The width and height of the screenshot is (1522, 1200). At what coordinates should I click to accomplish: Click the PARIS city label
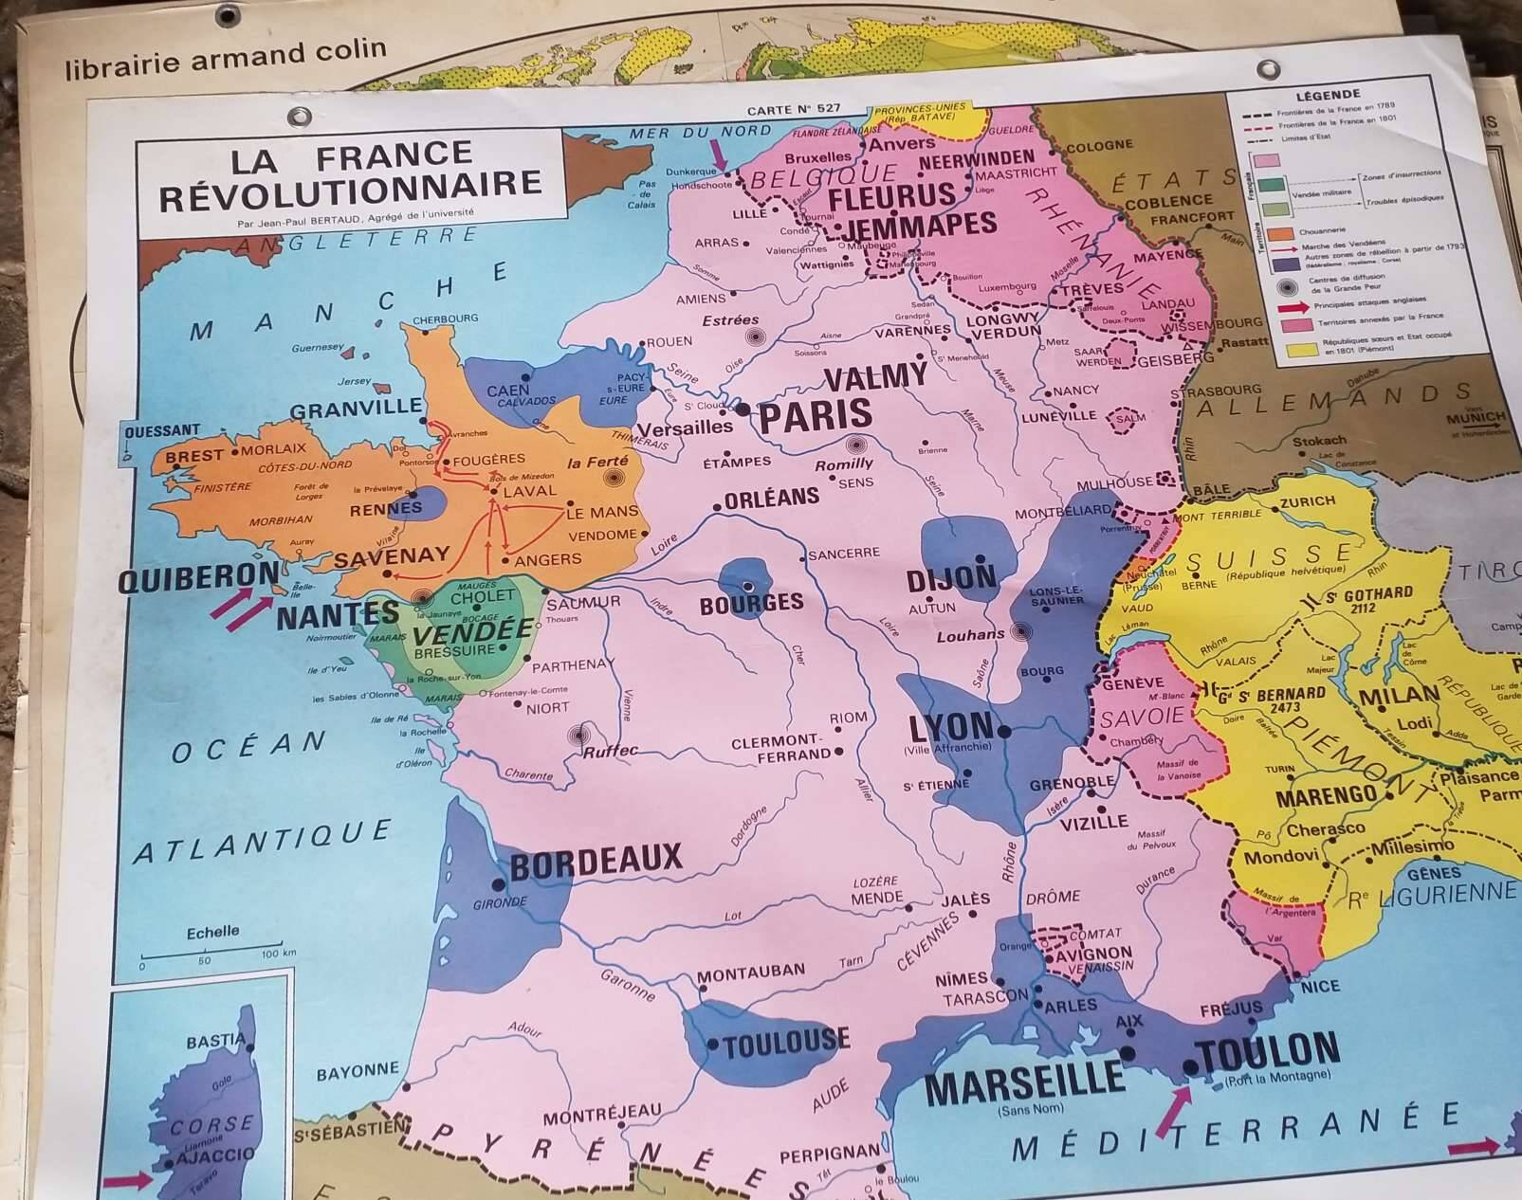click(816, 415)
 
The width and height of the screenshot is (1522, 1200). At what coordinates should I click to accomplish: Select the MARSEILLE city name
click(1024, 1081)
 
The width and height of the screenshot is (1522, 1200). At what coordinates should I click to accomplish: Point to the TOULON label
click(1268, 1052)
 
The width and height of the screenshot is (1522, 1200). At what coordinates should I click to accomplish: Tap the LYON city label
click(951, 728)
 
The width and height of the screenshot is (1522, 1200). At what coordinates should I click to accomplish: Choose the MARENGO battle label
click(1326, 795)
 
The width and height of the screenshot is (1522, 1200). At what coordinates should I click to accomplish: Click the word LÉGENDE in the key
click(1328, 95)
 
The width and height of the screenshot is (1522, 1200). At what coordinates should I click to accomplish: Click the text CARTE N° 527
click(793, 110)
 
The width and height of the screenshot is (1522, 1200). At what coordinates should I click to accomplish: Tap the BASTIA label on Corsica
click(215, 1041)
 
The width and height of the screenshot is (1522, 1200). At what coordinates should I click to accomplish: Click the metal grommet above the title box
click(300, 117)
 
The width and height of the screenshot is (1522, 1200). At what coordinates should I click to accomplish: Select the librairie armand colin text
click(226, 57)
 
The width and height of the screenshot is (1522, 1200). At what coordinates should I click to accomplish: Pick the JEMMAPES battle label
click(920, 226)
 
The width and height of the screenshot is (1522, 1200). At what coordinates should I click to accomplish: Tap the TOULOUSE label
click(785, 1043)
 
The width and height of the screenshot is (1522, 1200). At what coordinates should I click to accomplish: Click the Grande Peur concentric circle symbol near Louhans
click(1021, 631)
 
